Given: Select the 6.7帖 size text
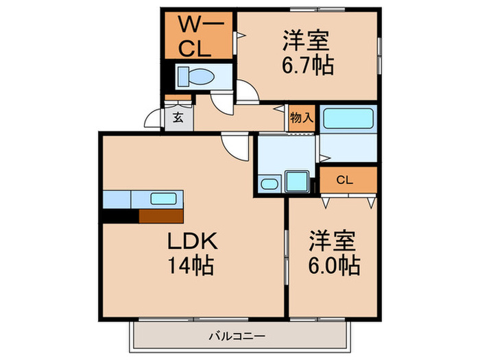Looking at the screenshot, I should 307,67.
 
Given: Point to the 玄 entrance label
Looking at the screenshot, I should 178,117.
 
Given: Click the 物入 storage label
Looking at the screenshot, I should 302,117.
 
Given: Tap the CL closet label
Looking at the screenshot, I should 345,180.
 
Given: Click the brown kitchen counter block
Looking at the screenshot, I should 160,216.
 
